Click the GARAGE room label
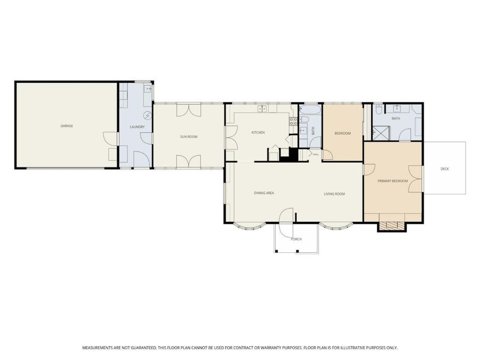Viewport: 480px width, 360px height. click(x=67, y=126)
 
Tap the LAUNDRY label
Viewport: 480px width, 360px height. click(x=137, y=127)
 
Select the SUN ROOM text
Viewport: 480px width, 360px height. click(x=189, y=137)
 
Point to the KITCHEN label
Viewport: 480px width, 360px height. click(x=258, y=133)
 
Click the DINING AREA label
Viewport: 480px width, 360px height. click(x=264, y=193)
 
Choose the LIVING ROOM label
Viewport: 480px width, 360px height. click(x=334, y=194)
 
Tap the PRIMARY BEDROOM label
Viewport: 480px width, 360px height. click(x=393, y=181)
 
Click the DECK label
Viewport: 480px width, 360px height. click(x=445, y=169)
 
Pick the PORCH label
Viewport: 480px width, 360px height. click(x=297, y=239)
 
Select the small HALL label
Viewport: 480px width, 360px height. click(x=316, y=155)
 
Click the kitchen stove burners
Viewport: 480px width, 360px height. click(x=293, y=122)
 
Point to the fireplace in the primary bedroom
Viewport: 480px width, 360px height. click(x=392, y=225)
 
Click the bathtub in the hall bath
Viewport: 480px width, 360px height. click(x=310, y=110)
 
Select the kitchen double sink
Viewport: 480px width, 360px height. click(x=262, y=108)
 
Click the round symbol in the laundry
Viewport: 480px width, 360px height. click(x=148, y=115)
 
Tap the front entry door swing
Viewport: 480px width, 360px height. click(x=287, y=214)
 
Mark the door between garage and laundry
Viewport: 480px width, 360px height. click(x=111, y=138)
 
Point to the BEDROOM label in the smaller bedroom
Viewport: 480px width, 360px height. click(x=342, y=133)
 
